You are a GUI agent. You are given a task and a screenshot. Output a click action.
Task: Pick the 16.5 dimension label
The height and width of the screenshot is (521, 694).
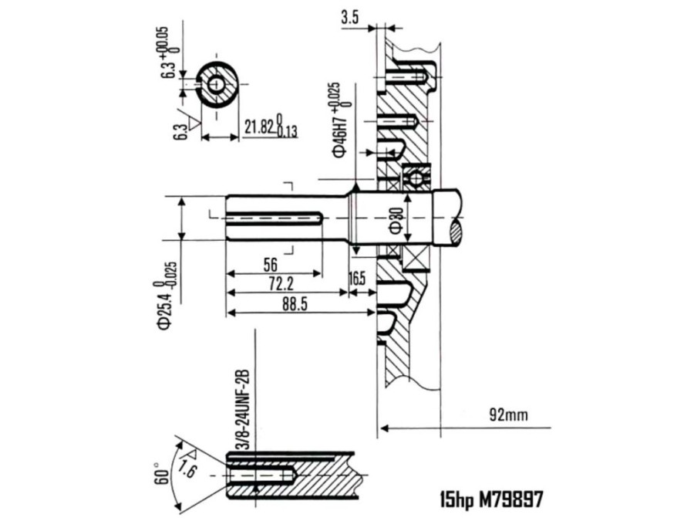coord(358,278)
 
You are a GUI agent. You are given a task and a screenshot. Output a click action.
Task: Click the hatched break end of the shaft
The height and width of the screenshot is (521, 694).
coord(456,230)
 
